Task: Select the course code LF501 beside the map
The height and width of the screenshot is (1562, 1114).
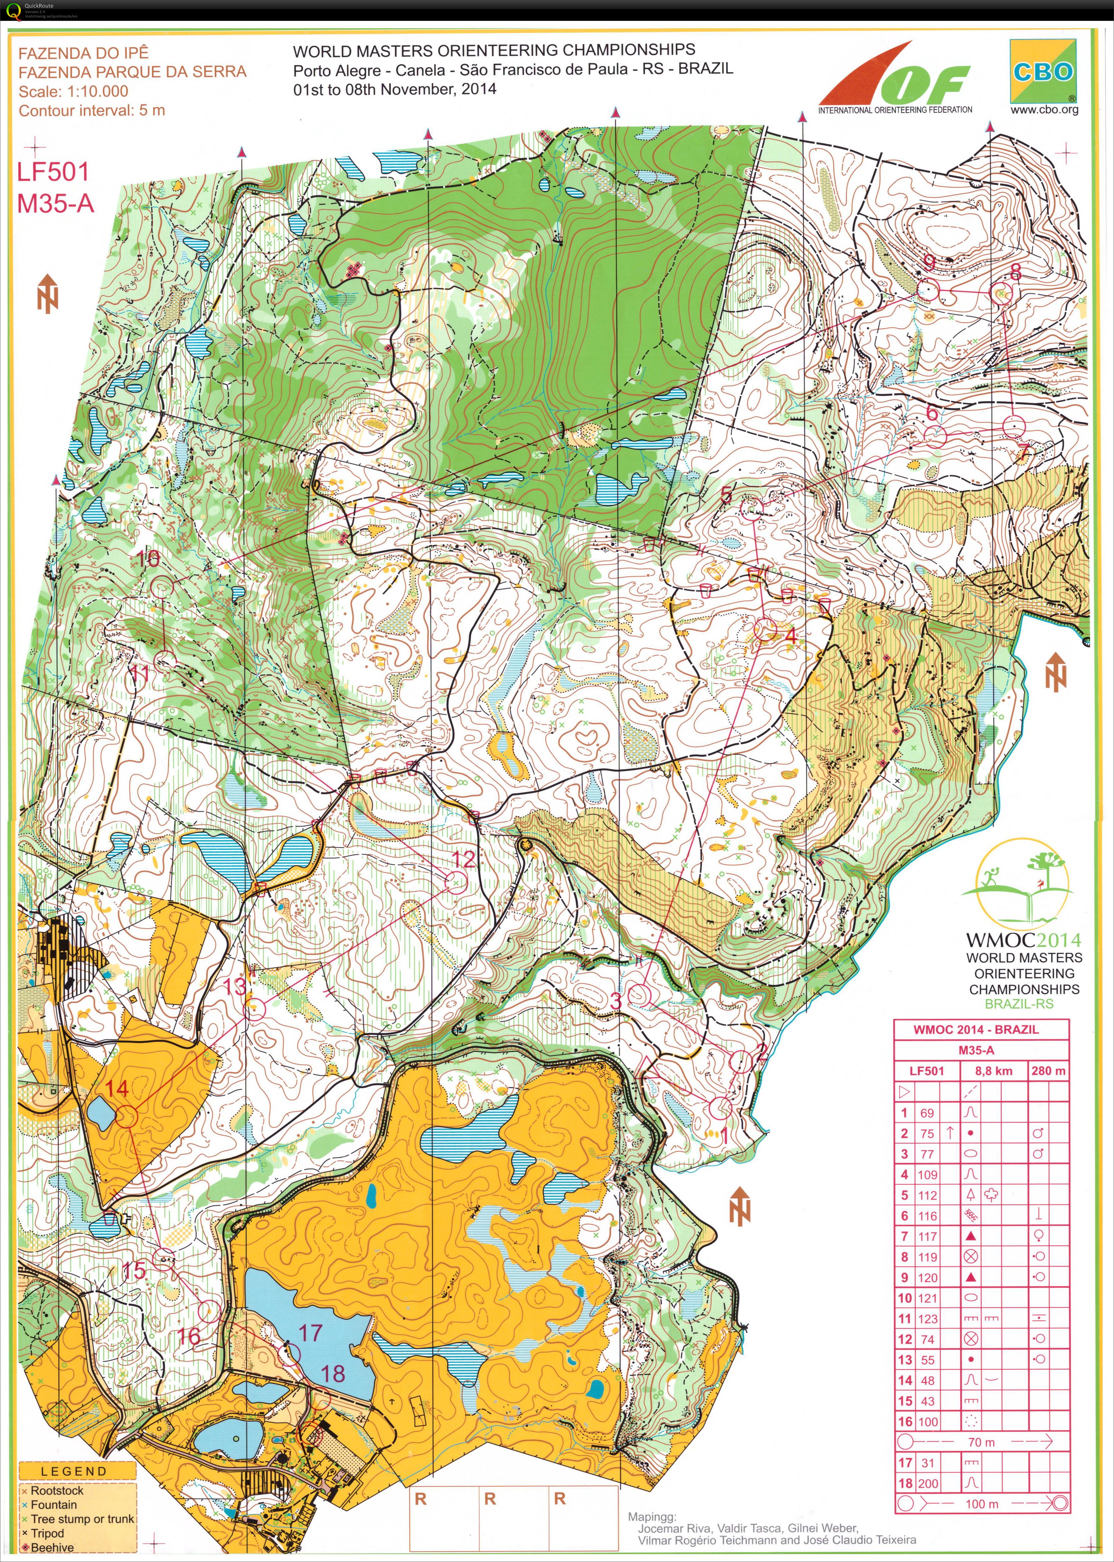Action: coord(53,172)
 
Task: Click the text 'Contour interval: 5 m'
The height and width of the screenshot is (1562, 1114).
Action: coord(92,110)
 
